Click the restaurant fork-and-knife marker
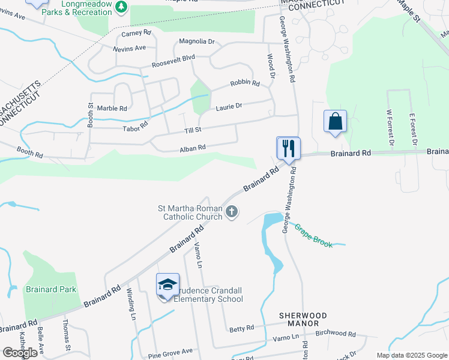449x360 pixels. coord(288,148)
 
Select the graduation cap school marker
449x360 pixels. coord(167,284)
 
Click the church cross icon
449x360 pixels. coord(232,211)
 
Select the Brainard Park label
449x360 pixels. coord(51,289)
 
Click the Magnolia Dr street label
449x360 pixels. coord(196,41)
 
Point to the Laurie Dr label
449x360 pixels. coord(229,106)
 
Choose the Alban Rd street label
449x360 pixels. coord(193,147)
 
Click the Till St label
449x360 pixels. coord(193,130)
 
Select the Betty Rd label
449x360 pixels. coord(241,329)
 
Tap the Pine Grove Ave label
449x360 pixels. coord(170,350)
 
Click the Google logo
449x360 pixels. coord(20,353)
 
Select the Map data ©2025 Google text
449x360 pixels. coord(411,355)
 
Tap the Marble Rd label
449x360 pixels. coord(112,109)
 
